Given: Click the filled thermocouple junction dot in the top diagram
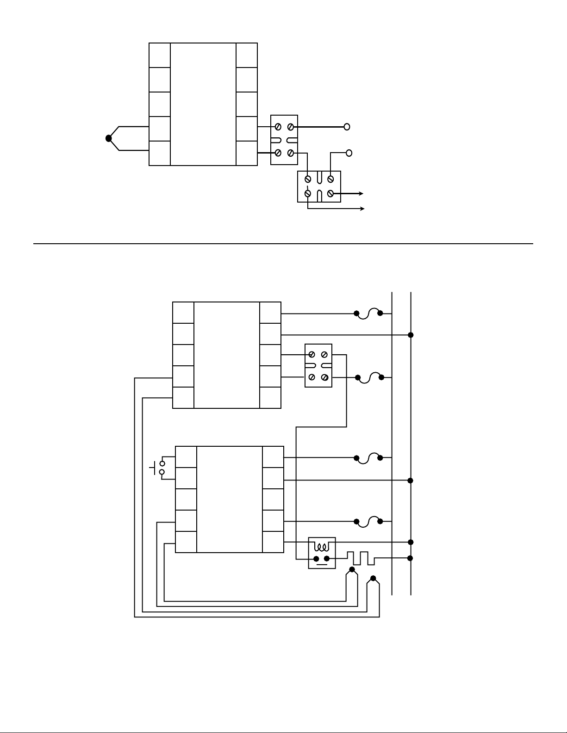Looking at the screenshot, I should (109, 138).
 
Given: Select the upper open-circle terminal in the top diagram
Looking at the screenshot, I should (347, 127).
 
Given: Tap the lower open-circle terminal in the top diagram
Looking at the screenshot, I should (349, 153).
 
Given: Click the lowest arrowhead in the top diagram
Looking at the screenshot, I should (362, 209).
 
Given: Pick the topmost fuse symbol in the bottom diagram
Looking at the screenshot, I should (368, 313).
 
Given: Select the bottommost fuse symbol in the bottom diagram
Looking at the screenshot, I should (368, 521).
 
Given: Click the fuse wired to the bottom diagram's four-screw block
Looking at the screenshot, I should (369, 377).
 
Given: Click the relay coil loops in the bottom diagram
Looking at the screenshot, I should (322, 546).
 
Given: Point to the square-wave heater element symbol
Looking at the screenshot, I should (361, 558).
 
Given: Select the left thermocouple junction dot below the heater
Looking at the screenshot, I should (352, 570).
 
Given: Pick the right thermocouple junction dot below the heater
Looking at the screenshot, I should (374, 579).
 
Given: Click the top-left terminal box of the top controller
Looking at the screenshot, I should (160, 55).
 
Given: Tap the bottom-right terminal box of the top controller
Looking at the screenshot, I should (247, 153).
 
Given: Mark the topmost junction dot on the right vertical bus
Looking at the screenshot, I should (411, 334).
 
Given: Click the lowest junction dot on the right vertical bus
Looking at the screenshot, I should (411, 558).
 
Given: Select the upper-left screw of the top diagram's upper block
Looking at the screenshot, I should (278, 127).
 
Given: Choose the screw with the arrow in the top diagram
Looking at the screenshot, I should (330, 193).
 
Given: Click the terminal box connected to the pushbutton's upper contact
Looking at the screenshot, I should (186, 457).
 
